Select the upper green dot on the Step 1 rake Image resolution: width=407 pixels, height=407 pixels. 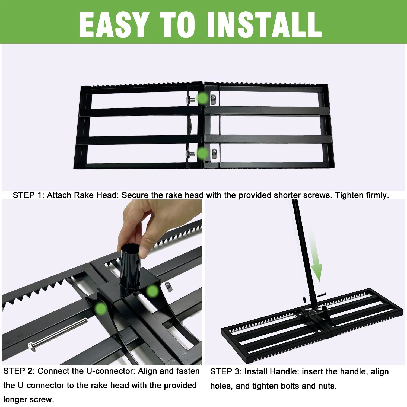pyautogui.click(x=202, y=98)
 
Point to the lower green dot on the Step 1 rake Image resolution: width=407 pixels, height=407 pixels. pyautogui.click(x=202, y=153)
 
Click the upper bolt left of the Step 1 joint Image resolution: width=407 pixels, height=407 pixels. pyautogui.click(x=191, y=100)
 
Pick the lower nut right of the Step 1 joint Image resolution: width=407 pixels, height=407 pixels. pyautogui.click(x=214, y=154)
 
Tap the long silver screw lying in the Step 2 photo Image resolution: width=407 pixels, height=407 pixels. pyautogui.click(x=58, y=335)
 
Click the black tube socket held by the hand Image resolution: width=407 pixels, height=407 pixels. pyautogui.click(x=130, y=267)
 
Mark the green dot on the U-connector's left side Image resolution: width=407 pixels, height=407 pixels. pyautogui.click(x=101, y=309)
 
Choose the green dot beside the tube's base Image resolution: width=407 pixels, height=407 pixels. pyautogui.click(x=152, y=291)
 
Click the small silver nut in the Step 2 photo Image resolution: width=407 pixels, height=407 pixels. pyautogui.click(x=168, y=287)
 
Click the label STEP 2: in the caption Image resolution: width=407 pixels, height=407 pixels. pyautogui.click(x=19, y=371)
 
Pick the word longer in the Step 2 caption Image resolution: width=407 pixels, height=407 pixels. pyautogui.click(x=15, y=399)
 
